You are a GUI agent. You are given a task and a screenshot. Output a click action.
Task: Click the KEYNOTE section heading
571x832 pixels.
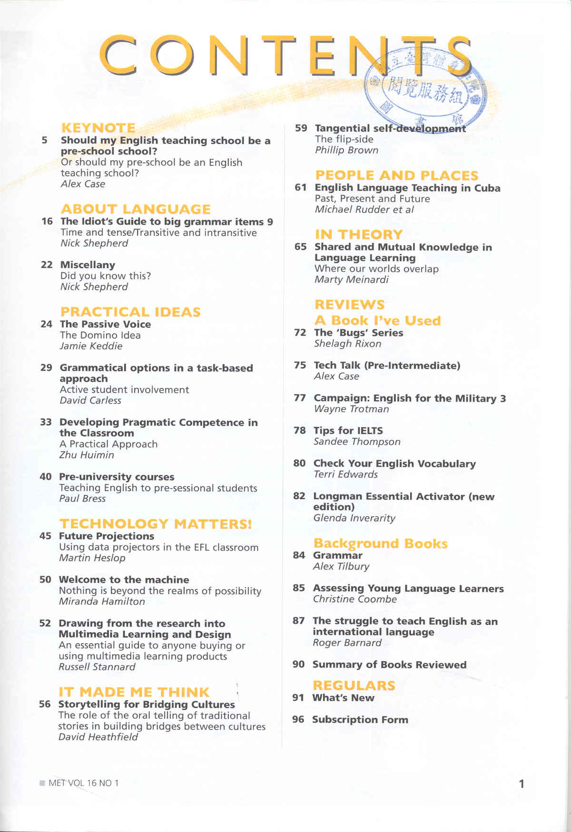[x=98, y=128]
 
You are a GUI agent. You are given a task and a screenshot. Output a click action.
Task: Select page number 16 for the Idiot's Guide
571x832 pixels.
[x=47, y=222]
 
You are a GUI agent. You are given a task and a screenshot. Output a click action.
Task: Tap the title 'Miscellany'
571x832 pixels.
[x=88, y=265]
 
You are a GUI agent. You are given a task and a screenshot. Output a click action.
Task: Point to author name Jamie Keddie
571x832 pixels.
[x=91, y=346]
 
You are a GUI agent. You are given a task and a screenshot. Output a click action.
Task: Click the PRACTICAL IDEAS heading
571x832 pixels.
[x=130, y=312]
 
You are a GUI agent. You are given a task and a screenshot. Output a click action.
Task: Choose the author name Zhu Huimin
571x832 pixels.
[x=87, y=455]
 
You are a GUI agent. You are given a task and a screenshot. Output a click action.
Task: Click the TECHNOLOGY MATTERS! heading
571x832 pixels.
[x=155, y=524]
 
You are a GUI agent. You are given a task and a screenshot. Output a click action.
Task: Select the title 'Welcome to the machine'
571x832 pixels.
[x=124, y=580]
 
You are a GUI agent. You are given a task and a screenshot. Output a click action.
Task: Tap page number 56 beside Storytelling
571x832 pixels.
[x=45, y=704]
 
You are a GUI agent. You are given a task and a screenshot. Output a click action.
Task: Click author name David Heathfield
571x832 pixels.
[x=98, y=737]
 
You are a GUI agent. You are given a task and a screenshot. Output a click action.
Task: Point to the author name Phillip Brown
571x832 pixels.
[x=346, y=150]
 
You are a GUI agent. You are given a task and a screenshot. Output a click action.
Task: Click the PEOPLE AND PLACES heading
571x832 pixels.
[x=396, y=175]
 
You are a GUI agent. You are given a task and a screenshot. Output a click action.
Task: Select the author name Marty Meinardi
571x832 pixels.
[x=351, y=280]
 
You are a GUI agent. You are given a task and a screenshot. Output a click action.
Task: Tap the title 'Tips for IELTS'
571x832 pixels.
[x=348, y=431]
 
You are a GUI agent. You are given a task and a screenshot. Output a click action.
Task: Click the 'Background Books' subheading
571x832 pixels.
[x=380, y=543]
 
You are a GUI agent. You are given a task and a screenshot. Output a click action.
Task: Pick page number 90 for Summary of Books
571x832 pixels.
[x=298, y=664]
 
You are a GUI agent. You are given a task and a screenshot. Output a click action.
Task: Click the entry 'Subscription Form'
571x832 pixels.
[x=360, y=720]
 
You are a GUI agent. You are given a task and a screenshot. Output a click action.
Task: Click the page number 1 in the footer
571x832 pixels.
[x=521, y=784]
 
